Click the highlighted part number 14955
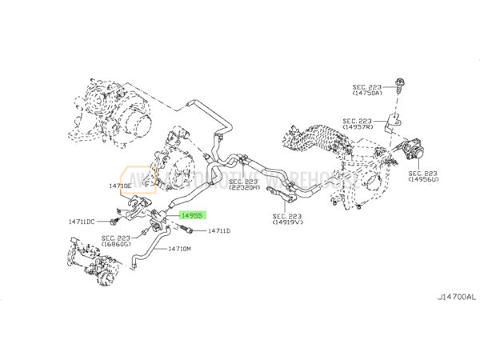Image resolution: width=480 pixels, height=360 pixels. click(x=192, y=215)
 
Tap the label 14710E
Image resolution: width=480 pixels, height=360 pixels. click(x=120, y=186)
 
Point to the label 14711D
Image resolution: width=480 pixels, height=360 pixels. click(x=218, y=231)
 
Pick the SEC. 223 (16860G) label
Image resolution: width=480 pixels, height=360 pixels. click(x=117, y=241)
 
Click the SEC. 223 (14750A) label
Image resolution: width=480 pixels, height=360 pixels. click(x=368, y=90)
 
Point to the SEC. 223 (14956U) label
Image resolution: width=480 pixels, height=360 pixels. click(x=422, y=177)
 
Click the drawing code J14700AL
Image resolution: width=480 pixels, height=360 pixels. click(x=454, y=298)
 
